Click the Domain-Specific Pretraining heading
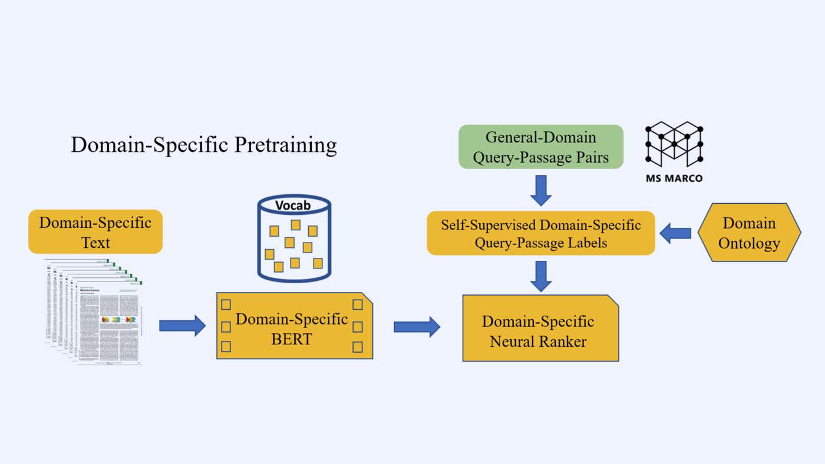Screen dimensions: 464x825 (x=204, y=145)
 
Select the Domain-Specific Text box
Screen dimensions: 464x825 (x=95, y=232)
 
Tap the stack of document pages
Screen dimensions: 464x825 (x=94, y=312)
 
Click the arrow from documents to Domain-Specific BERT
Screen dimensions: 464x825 (x=182, y=325)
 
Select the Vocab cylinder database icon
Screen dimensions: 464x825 (x=294, y=241)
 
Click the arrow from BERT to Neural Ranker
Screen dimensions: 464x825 (x=417, y=326)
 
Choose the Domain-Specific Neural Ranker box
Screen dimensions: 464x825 (x=540, y=329)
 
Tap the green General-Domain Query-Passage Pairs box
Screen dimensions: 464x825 (x=540, y=147)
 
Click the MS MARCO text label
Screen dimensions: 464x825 (x=674, y=178)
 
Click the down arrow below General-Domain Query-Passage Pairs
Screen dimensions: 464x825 (x=540, y=190)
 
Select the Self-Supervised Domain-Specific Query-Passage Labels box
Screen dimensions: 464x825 (x=540, y=233)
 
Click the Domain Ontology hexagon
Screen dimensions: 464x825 (x=749, y=233)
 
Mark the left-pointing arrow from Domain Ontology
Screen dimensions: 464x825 (x=675, y=234)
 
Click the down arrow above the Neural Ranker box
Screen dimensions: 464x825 (x=540, y=276)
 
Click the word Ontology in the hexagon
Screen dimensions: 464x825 (x=749, y=243)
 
